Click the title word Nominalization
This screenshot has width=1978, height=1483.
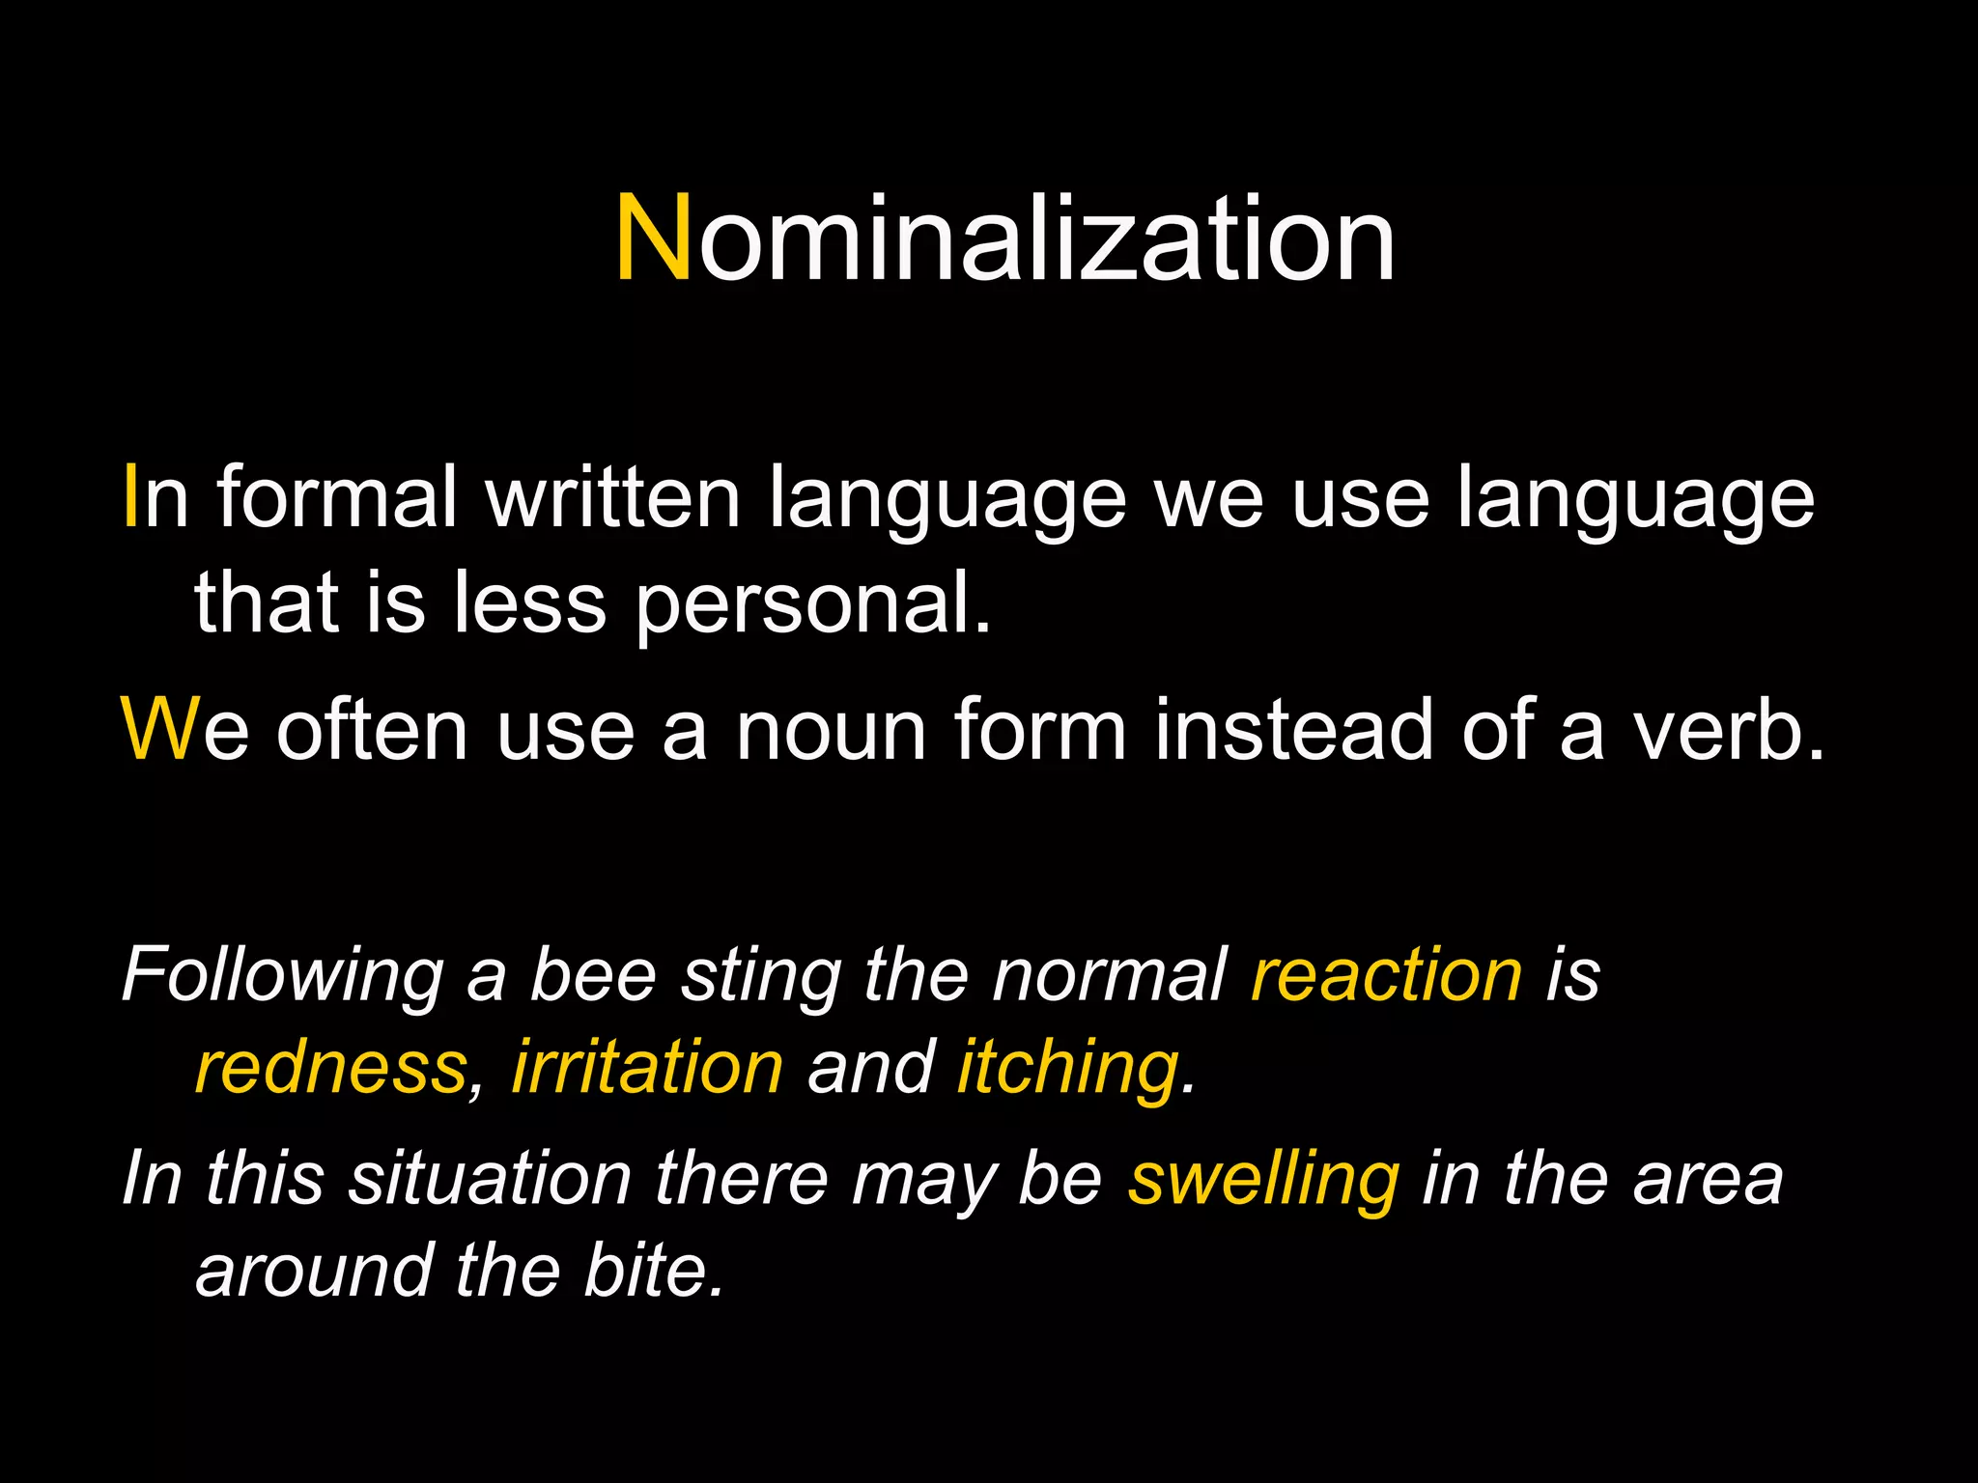pos(1004,239)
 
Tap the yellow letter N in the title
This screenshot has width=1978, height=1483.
pos(653,239)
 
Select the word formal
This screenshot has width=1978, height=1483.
pos(337,498)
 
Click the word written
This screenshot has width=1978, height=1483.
pos(612,498)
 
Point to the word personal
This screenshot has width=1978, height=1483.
pos(813,604)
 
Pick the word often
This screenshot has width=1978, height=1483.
pos(372,730)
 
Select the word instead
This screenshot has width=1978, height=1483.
pos(1293,730)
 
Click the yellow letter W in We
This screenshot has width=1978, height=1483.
pos(160,730)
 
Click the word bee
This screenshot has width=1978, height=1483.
pos(593,975)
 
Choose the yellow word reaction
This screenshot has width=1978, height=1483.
pos(1387,975)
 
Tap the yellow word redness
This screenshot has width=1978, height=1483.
pos(331,1068)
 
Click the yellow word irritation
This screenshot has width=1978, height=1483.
pos(647,1068)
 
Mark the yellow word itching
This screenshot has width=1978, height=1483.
pos(1068,1070)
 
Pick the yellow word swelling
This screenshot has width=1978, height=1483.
pos(1263,1180)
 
